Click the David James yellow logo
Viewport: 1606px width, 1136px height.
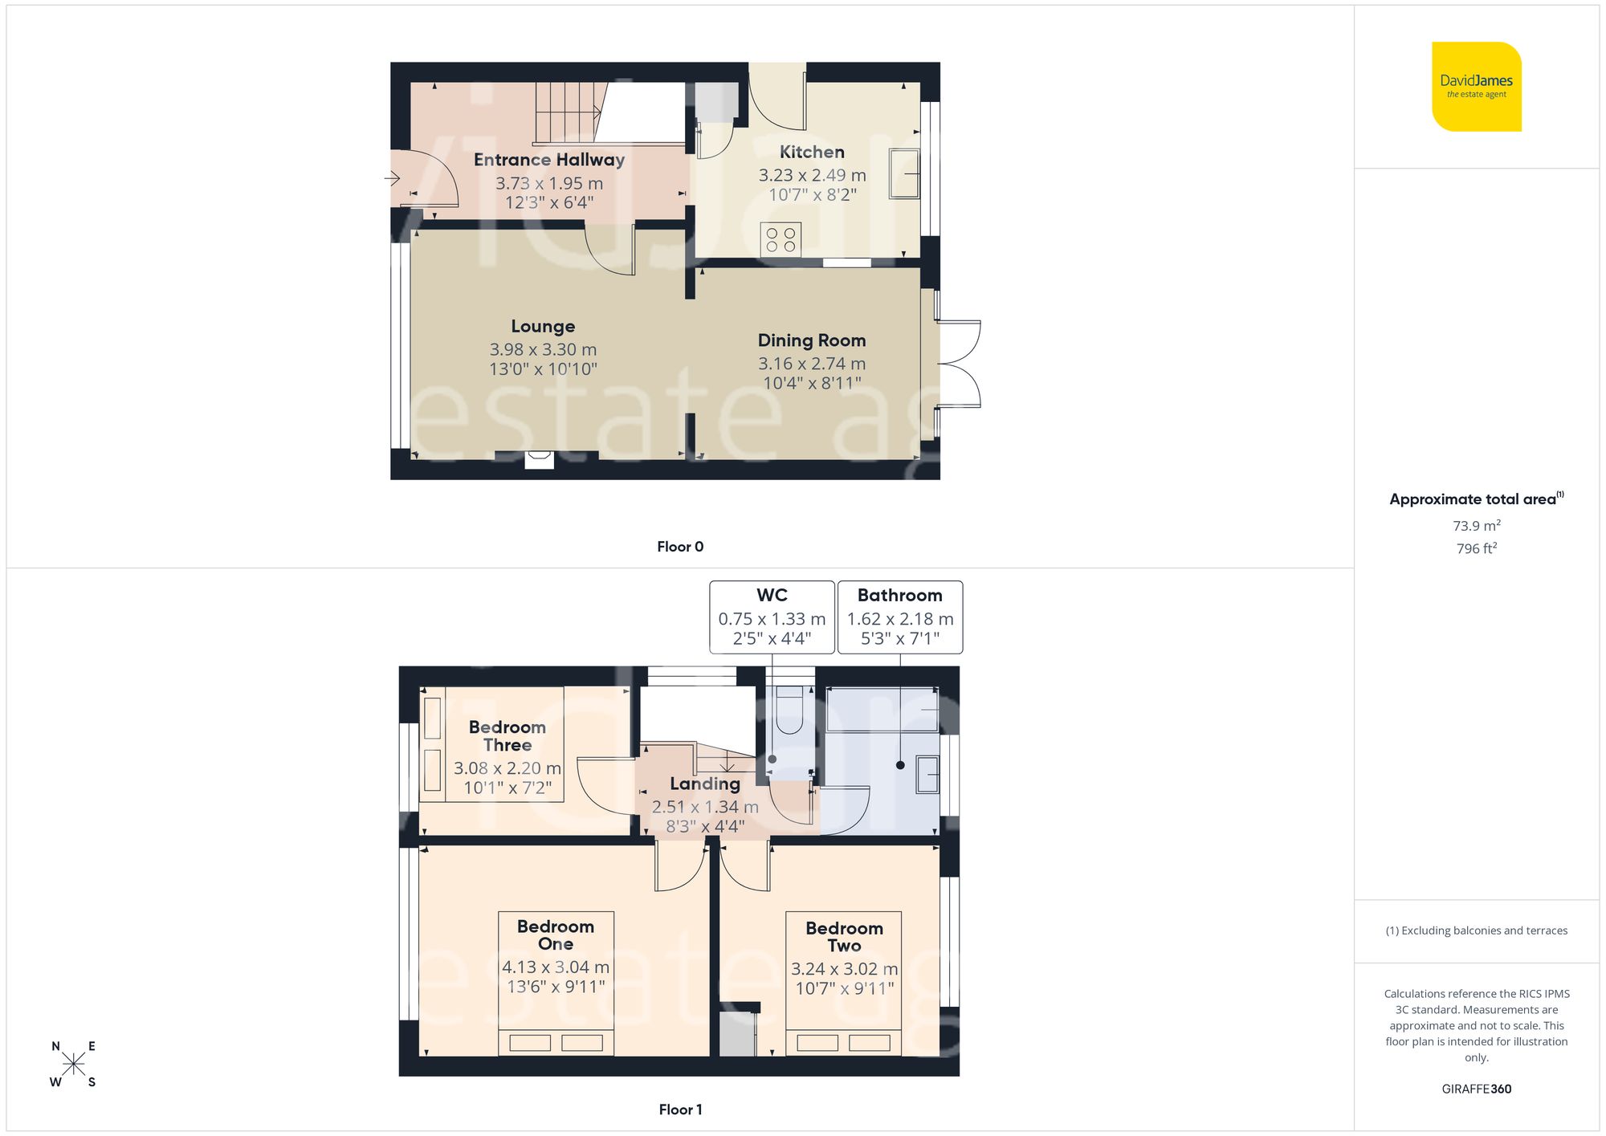pyautogui.click(x=1476, y=87)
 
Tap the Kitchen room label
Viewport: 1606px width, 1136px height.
pyautogui.click(x=812, y=152)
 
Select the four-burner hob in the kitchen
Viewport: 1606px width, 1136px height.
pyautogui.click(x=781, y=239)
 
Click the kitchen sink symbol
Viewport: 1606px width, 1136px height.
pyautogui.click(x=904, y=173)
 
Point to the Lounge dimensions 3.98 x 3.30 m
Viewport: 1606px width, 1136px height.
pyautogui.click(x=543, y=349)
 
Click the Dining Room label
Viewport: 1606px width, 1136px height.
pyautogui.click(x=811, y=340)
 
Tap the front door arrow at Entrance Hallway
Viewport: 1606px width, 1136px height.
pyautogui.click(x=394, y=177)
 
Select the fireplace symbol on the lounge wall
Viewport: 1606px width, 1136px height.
pyautogui.click(x=539, y=459)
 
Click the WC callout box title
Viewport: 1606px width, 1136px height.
pyautogui.click(x=772, y=595)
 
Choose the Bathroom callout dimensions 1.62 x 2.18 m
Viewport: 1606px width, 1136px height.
pyautogui.click(x=899, y=619)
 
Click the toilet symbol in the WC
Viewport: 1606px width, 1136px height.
pyautogui.click(x=789, y=711)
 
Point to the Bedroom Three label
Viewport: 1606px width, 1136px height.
pyautogui.click(x=507, y=735)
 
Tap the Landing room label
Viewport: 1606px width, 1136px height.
pyautogui.click(x=705, y=784)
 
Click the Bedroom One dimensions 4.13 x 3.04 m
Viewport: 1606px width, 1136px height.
pyautogui.click(x=555, y=967)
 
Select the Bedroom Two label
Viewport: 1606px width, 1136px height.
pyautogui.click(x=844, y=936)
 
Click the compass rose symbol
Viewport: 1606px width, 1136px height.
pyautogui.click(x=73, y=1065)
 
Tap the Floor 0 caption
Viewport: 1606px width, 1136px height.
pyautogui.click(x=679, y=547)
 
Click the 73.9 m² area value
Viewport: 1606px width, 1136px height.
pyautogui.click(x=1476, y=526)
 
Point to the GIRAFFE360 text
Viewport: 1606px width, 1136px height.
pyautogui.click(x=1476, y=1089)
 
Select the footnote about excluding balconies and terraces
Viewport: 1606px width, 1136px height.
pyautogui.click(x=1476, y=930)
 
